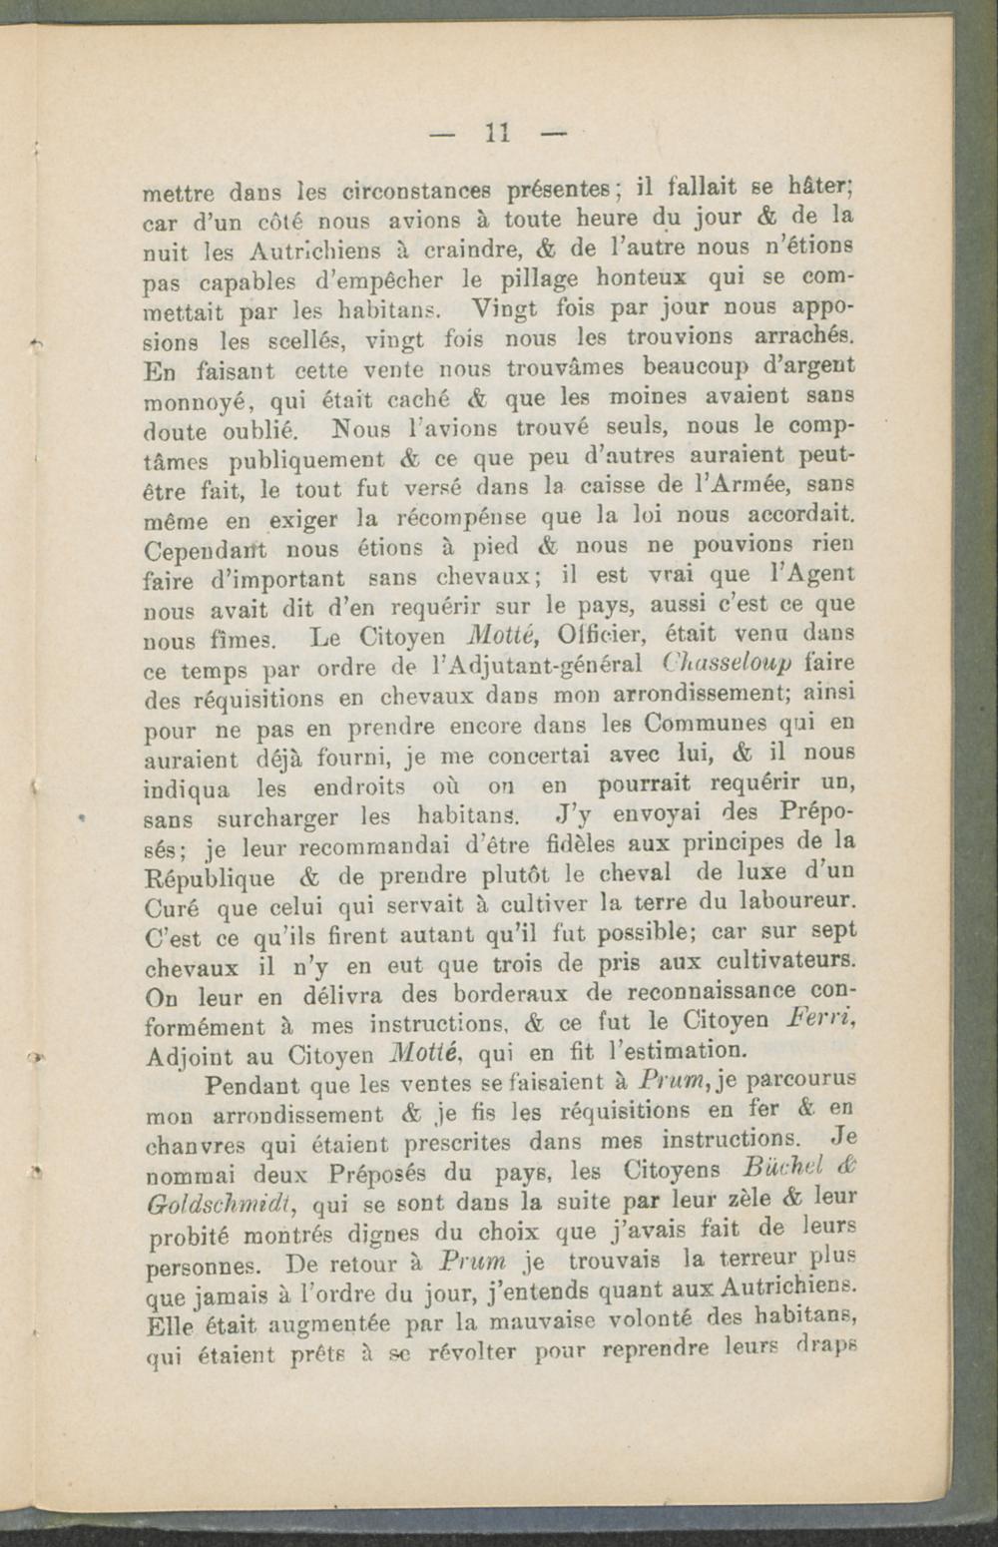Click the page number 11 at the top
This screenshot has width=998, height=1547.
(x=498, y=130)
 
